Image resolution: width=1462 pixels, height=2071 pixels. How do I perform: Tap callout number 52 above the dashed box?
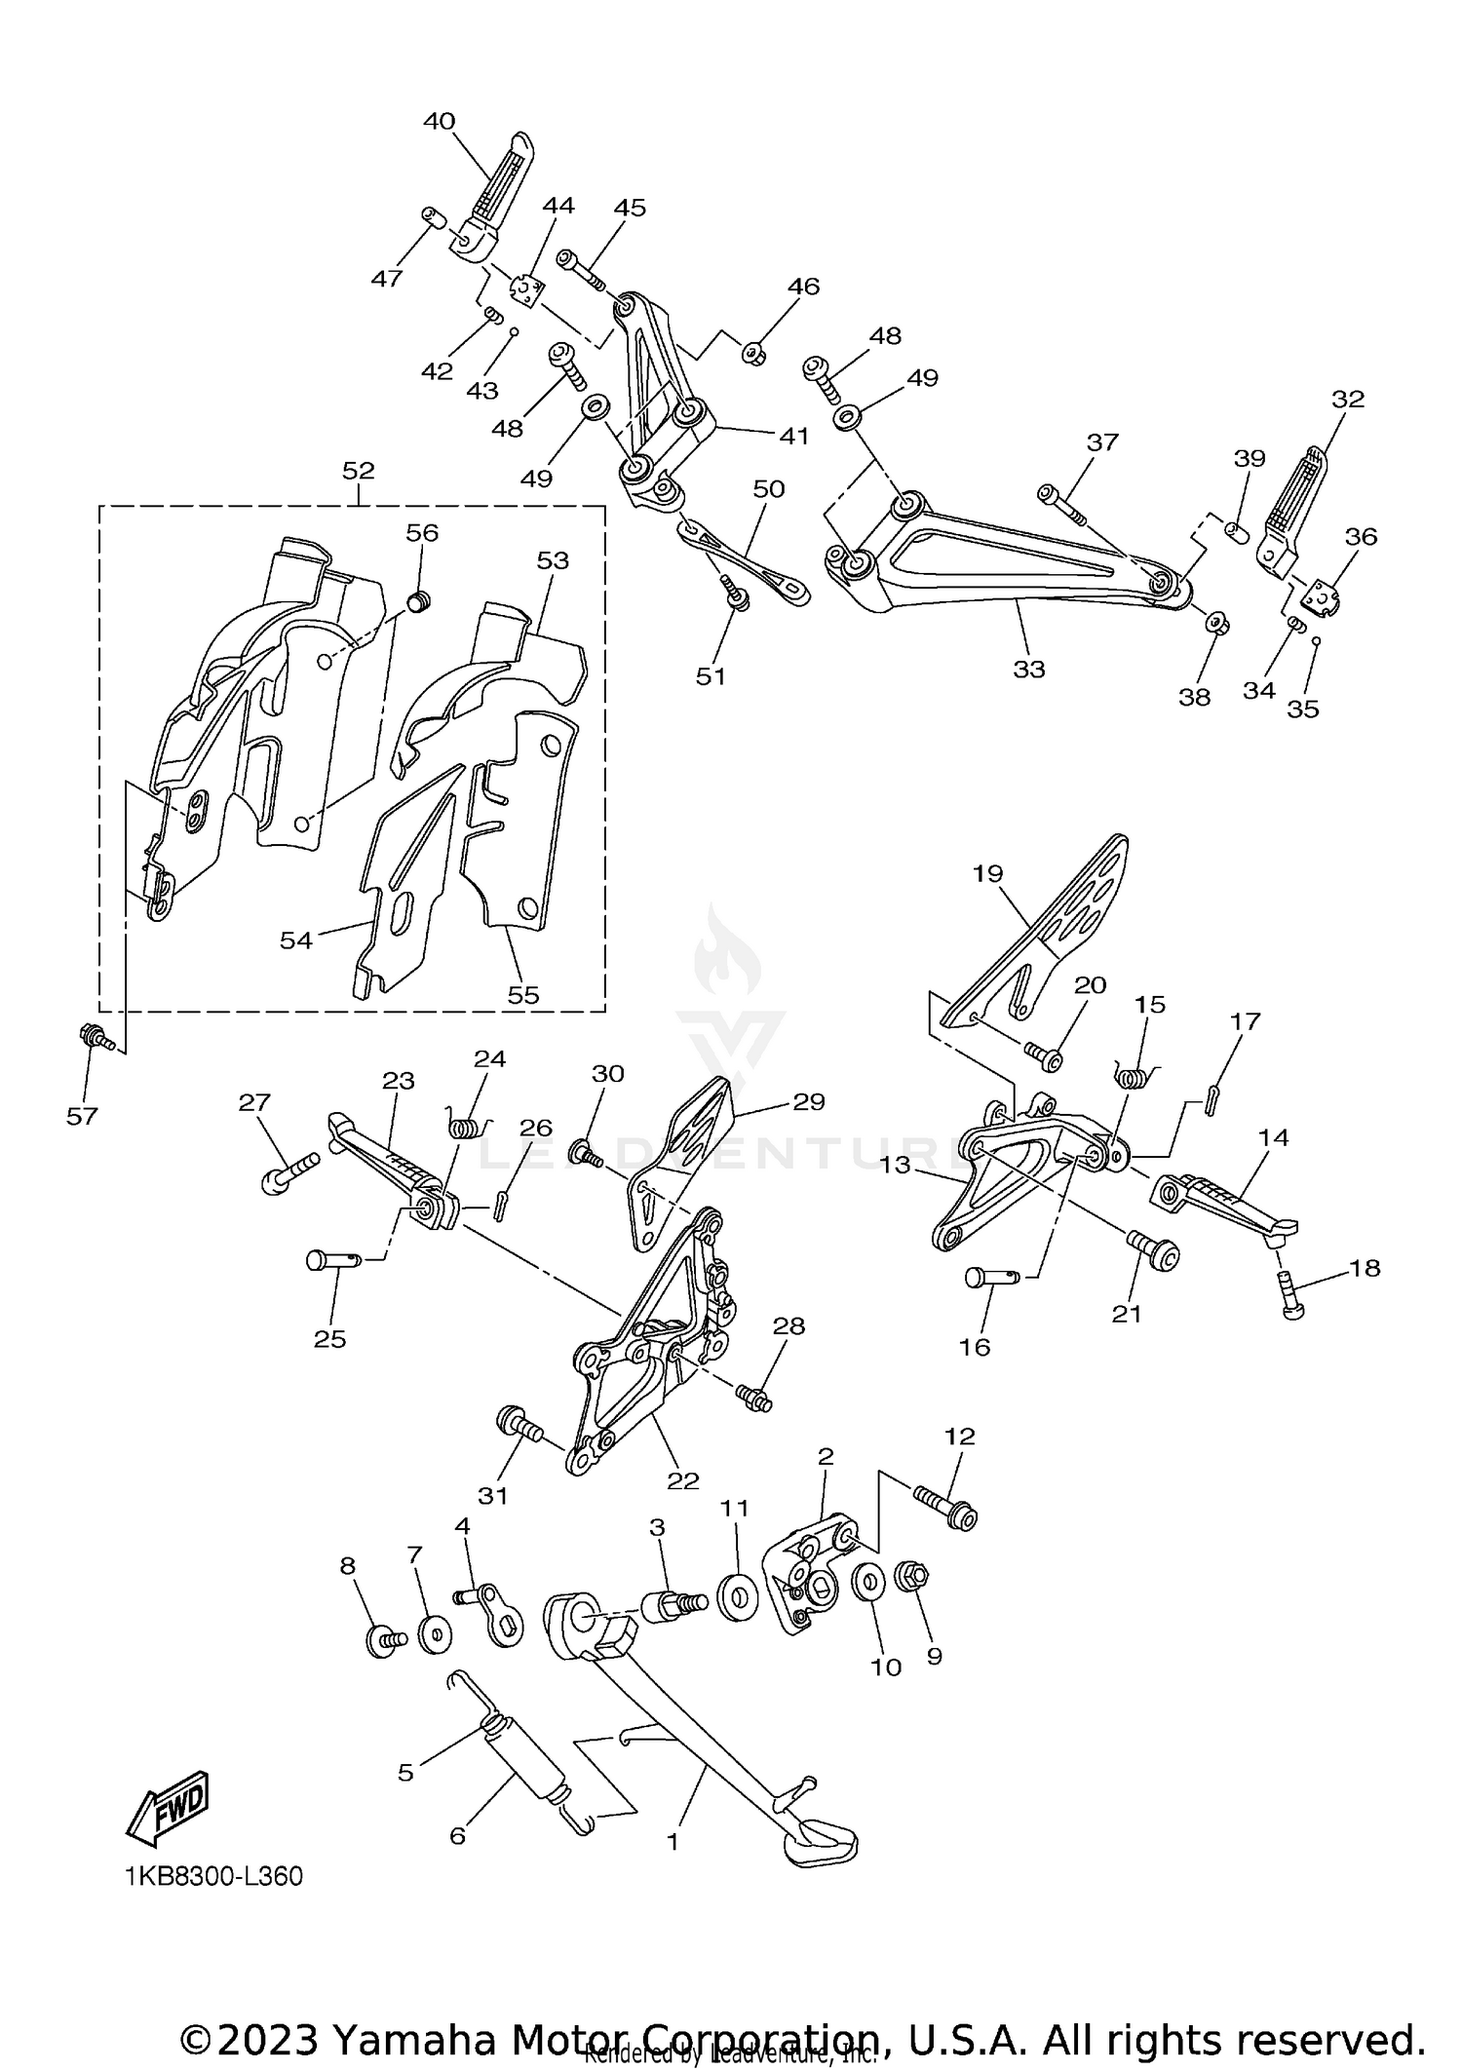[x=358, y=470]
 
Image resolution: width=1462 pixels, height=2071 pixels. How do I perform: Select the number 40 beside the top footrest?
[x=439, y=121]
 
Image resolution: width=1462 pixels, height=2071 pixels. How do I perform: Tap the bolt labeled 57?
[x=95, y=1038]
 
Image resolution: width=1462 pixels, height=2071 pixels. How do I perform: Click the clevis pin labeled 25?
[x=333, y=1260]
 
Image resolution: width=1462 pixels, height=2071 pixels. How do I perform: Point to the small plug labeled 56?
[x=418, y=603]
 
